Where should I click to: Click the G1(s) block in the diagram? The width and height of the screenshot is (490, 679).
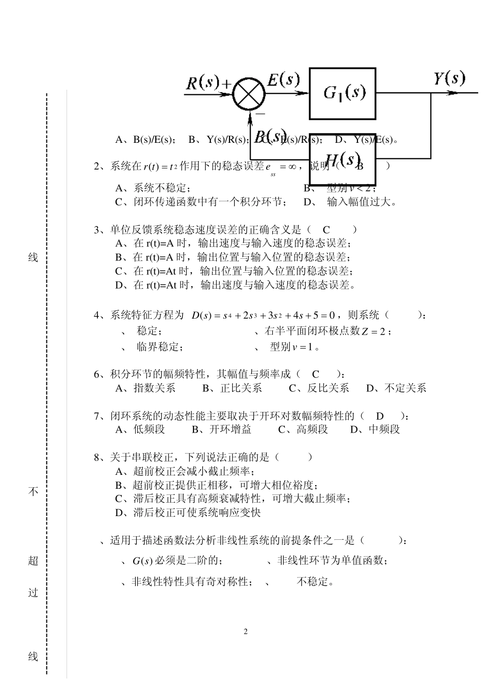pos(342,93)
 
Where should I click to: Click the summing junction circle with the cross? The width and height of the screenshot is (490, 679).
pos(249,95)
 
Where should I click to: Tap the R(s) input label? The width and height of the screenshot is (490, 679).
pos(202,82)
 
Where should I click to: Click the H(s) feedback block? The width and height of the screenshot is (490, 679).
pos(342,159)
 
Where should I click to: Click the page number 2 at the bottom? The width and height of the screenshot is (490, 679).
pos(246,632)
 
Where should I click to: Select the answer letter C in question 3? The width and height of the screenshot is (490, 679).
pos(326,230)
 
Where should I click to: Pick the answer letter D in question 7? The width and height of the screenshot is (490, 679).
pos(380,416)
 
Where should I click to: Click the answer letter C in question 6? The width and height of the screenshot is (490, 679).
pos(316,375)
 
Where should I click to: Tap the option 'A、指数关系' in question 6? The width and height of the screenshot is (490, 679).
pos(145,388)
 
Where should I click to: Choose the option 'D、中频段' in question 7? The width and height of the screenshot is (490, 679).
pos(375,429)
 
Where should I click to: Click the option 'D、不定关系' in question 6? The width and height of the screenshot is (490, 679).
pos(396,388)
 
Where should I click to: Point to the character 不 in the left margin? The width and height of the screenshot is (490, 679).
pos(33,492)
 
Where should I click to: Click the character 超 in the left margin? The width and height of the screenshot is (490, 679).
pos(33,561)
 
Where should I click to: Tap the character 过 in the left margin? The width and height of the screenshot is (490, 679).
pos(33,593)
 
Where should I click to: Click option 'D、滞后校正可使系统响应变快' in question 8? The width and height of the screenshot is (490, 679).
pos(188,512)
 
